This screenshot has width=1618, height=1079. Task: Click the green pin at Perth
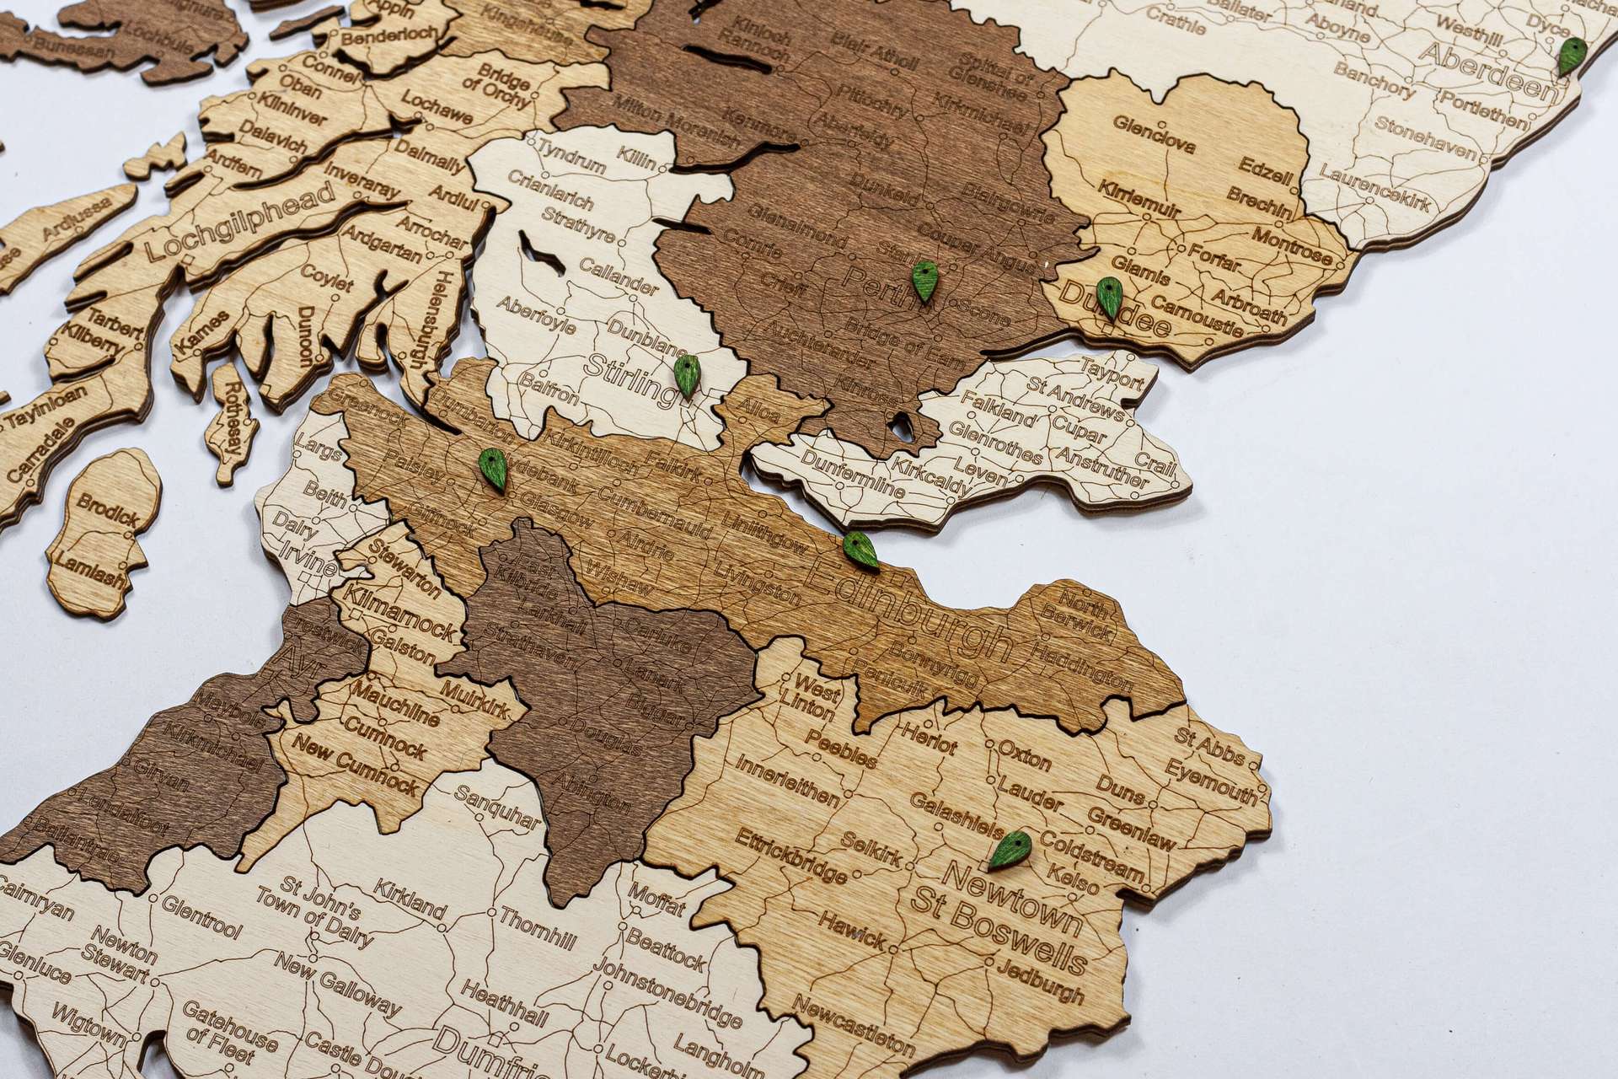pyautogui.click(x=924, y=281)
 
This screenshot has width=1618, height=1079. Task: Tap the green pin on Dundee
pyautogui.click(x=1108, y=298)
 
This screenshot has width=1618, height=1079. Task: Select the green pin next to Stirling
pyautogui.click(x=687, y=375)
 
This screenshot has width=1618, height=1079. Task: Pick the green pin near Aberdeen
pyautogui.click(x=1569, y=56)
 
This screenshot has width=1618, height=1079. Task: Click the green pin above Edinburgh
pyautogui.click(x=860, y=550)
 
